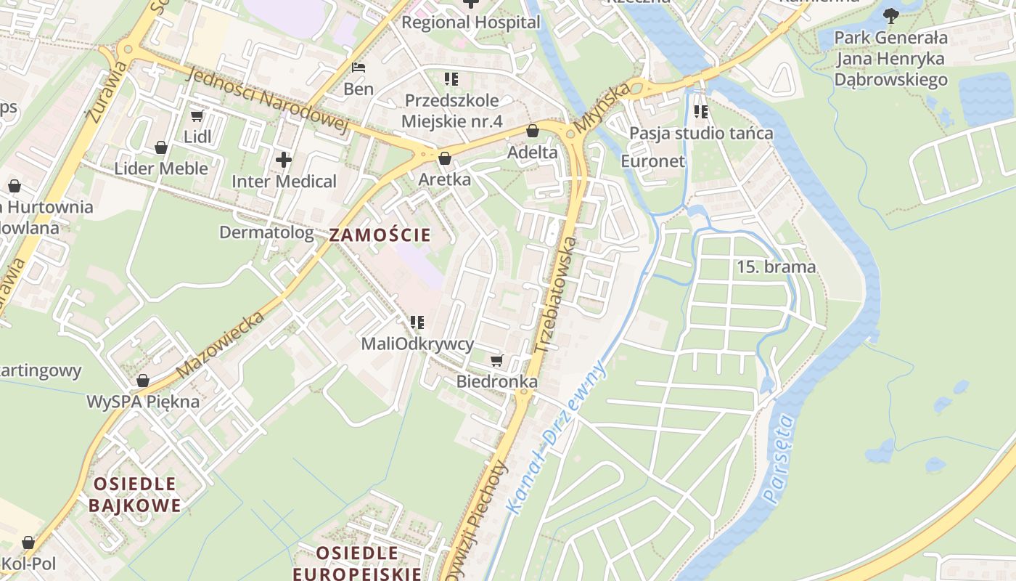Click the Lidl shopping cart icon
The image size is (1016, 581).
197,115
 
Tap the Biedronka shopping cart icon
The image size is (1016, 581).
497,360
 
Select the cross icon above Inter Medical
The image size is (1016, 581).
284,160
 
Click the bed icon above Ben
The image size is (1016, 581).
359,68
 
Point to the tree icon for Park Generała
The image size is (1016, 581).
891,15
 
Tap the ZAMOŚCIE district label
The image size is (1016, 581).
380,235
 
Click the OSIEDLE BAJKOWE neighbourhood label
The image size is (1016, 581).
134,495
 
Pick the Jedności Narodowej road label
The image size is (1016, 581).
268,101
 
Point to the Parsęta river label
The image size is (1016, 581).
779,458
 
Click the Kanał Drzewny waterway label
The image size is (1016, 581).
557,438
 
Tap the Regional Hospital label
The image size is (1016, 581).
471,23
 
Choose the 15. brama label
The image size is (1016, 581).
776,267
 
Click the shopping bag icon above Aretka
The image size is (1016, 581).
445,158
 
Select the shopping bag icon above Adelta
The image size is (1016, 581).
533,131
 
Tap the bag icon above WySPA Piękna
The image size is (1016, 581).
143,381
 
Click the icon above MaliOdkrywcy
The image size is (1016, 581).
417,322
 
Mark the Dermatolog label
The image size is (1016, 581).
266,232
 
